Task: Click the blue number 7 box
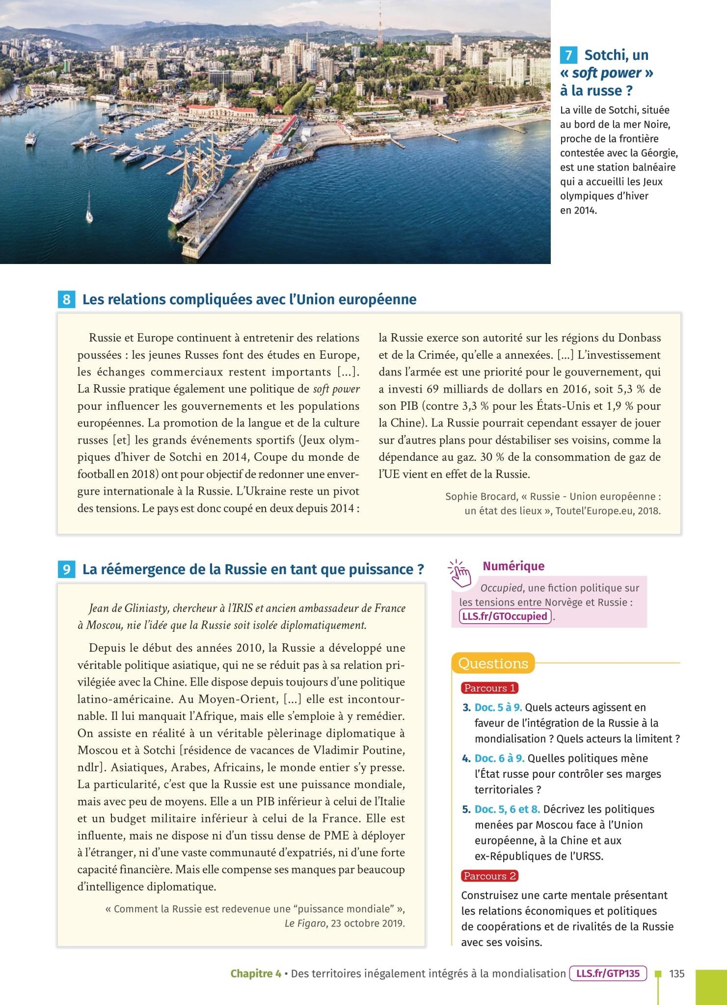(x=568, y=55)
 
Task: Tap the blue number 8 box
(x=66, y=299)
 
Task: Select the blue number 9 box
(x=66, y=569)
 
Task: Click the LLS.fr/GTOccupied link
(x=505, y=616)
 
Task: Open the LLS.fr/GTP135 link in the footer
(x=608, y=974)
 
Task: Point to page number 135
(x=676, y=974)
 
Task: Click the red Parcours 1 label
(x=489, y=688)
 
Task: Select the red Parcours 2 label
(x=489, y=876)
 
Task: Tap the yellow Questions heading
(x=493, y=663)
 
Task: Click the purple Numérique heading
(x=513, y=566)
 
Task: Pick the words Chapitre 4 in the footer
(x=255, y=974)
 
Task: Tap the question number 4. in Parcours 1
(x=466, y=758)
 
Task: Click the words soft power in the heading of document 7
(x=607, y=73)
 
